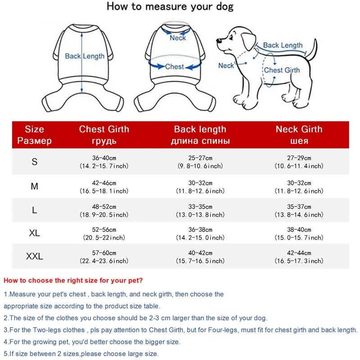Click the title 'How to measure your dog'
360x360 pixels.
click(x=170, y=7)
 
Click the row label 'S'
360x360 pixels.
click(x=35, y=162)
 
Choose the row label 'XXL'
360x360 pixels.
click(x=35, y=256)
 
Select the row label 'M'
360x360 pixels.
click(x=35, y=186)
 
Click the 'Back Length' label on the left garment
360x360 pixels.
click(x=85, y=56)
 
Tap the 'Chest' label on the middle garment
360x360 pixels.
click(x=174, y=67)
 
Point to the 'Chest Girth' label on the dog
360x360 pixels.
click(x=282, y=70)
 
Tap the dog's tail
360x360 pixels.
click(x=314, y=48)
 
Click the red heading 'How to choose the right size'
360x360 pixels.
click(x=73, y=280)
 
